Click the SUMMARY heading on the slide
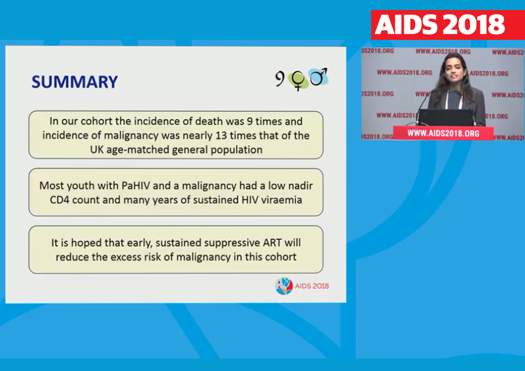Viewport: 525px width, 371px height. [x=75, y=82]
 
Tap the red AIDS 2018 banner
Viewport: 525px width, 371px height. [x=448, y=25]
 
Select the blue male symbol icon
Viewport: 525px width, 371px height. [x=318, y=77]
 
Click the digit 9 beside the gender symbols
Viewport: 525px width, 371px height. [x=280, y=79]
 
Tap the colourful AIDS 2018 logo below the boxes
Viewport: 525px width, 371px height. [x=302, y=286]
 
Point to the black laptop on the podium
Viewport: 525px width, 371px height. [x=446, y=118]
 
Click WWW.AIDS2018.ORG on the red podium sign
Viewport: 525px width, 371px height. [x=443, y=133]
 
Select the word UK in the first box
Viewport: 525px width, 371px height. [x=97, y=150]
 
